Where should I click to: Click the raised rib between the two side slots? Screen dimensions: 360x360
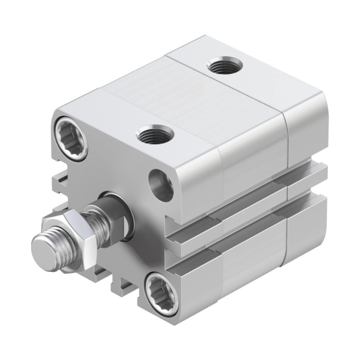(x=252, y=216)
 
